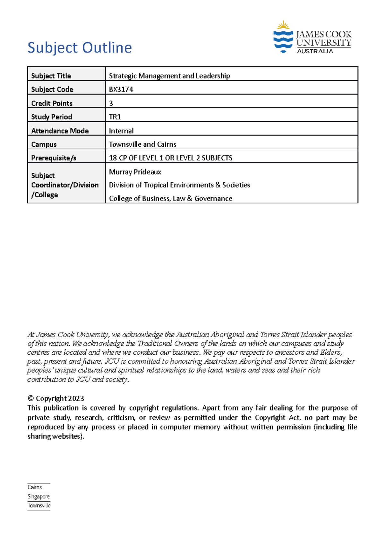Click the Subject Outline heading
pyautogui.click(x=80, y=48)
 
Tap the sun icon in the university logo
pyautogui.click(x=283, y=25)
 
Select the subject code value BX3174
pyautogui.click(x=121, y=90)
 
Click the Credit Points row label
pyautogui.click(x=52, y=103)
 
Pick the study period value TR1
pyautogui.click(x=115, y=117)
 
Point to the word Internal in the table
pyautogui.click(x=121, y=131)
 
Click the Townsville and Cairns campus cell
pyautogui.click(x=142, y=144)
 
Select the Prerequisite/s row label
pyautogui.click(x=54, y=158)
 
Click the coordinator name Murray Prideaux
pyautogui.click(x=135, y=172)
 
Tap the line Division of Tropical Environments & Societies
pyautogui.click(x=179, y=185)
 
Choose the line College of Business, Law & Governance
pyautogui.click(x=170, y=199)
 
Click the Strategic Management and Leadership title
pyautogui.click(x=169, y=76)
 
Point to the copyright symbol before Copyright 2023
pyautogui.click(x=31, y=399)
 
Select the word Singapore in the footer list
pyautogui.click(x=38, y=497)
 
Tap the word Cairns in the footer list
pyautogui.click(x=35, y=487)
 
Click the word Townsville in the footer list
pyautogui.click(x=39, y=506)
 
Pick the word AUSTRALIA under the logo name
pyautogui.click(x=315, y=51)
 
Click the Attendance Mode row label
pyautogui.click(x=60, y=131)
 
